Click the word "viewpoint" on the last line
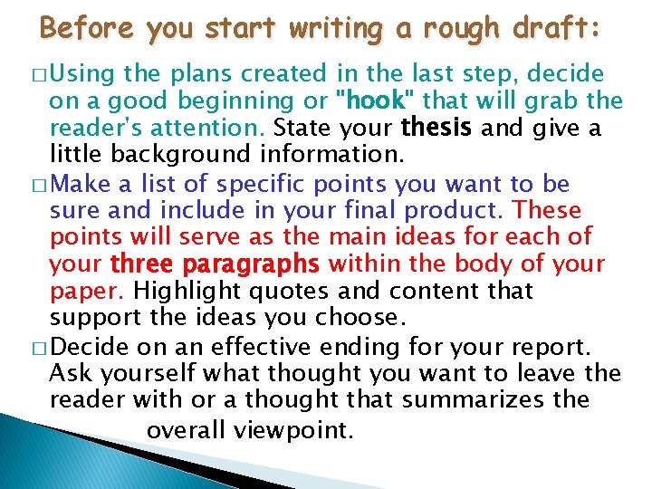pos(292,430)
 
